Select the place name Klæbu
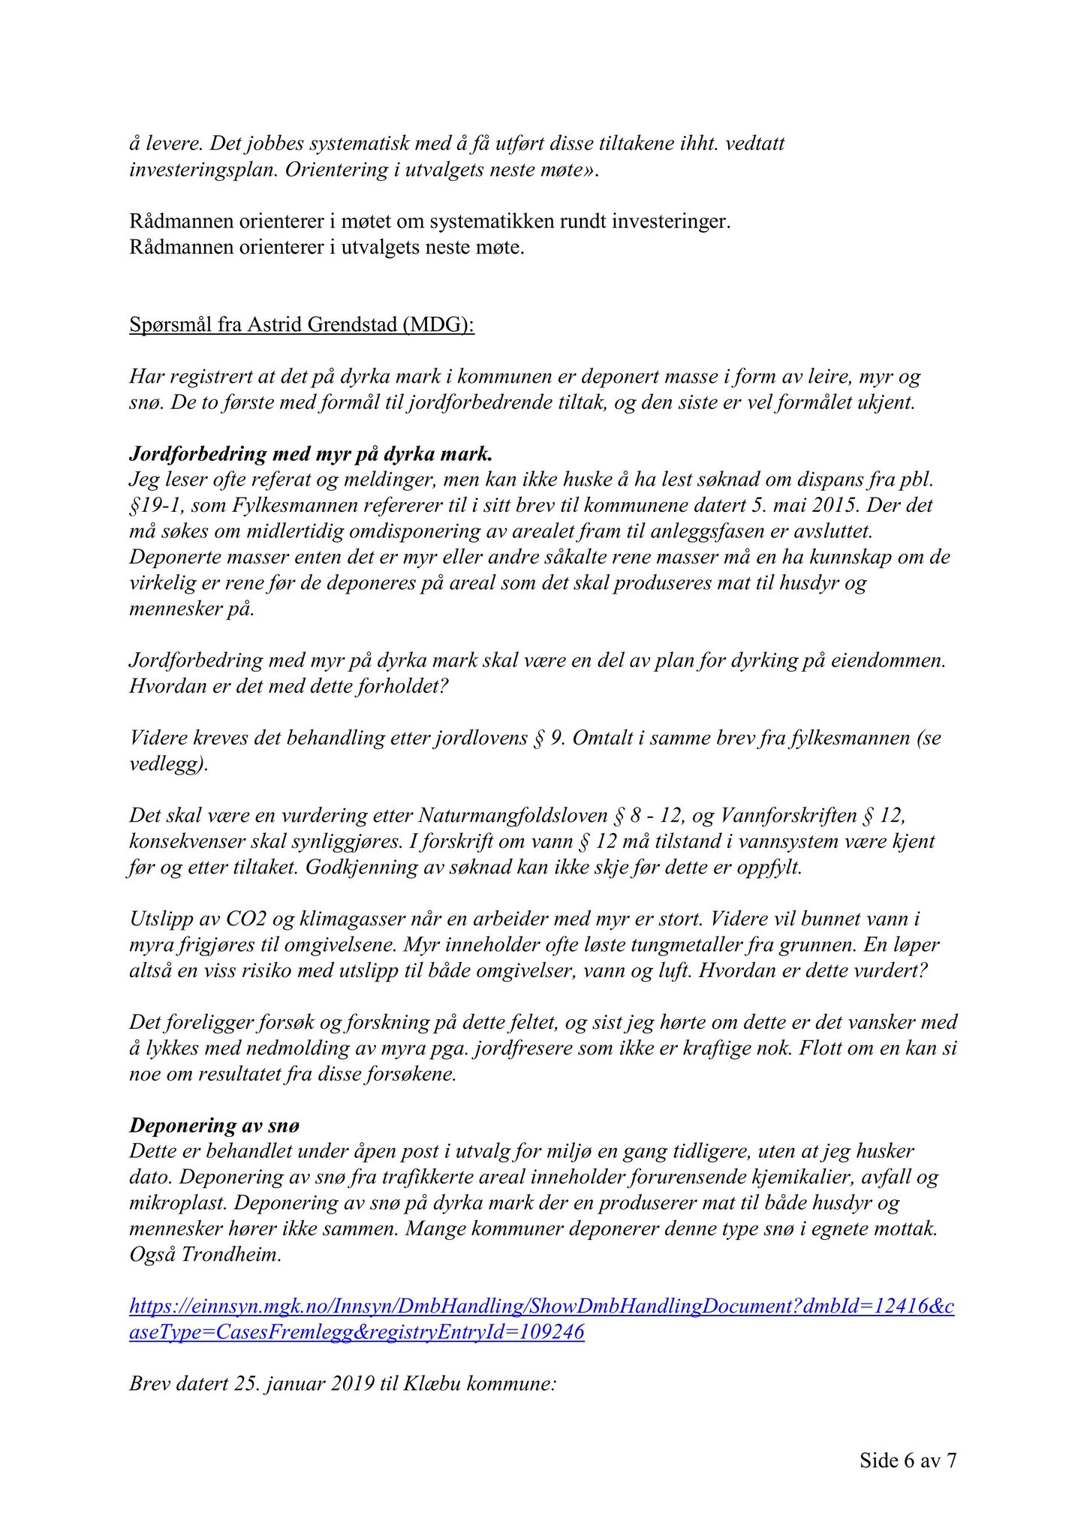(x=432, y=1383)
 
